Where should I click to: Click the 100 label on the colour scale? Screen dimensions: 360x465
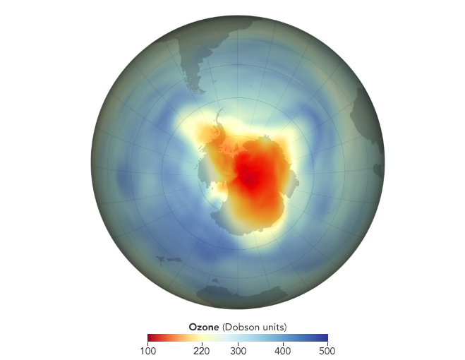pos(147,350)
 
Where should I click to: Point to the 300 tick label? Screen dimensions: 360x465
pos(238,350)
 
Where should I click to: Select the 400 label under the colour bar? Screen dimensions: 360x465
pos(282,350)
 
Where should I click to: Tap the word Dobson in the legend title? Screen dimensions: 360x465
pos(244,327)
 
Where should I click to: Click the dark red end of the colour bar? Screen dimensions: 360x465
pos(150,337)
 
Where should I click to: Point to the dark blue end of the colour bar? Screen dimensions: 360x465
pos(325,337)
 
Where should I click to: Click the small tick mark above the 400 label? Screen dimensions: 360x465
pos(282,343)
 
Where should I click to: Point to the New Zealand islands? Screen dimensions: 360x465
pos(167,260)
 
